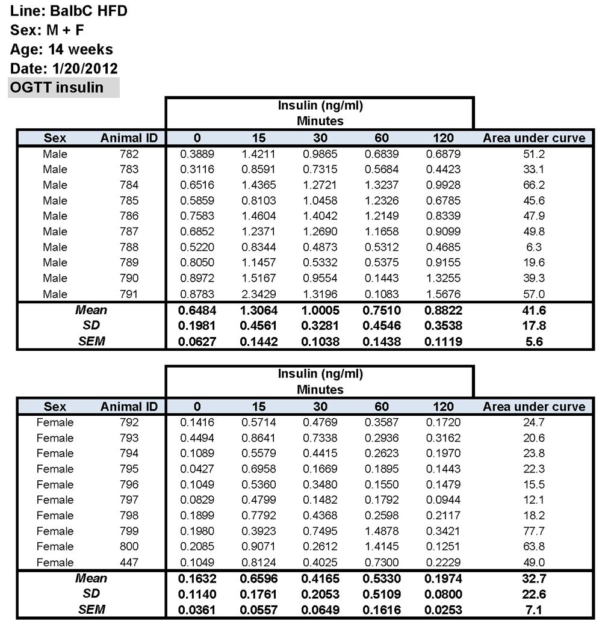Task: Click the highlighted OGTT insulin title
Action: [57, 87]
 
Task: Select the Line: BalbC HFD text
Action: [69, 10]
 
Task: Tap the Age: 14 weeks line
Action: [61, 49]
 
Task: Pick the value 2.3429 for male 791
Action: [258, 294]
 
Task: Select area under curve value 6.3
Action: [533, 247]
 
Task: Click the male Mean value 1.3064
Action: [258, 310]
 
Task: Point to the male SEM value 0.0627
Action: [197, 342]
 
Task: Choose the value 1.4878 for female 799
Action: [381, 531]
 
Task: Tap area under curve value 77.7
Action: [533, 531]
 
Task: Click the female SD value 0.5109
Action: [381, 594]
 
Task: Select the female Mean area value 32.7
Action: [533, 579]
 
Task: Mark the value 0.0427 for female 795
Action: [197, 469]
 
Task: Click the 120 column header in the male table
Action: [443, 138]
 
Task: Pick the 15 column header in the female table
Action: [258, 406]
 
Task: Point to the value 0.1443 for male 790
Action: [381, 278]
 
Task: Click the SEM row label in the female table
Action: [92, 610]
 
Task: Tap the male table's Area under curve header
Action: [533, 138]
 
